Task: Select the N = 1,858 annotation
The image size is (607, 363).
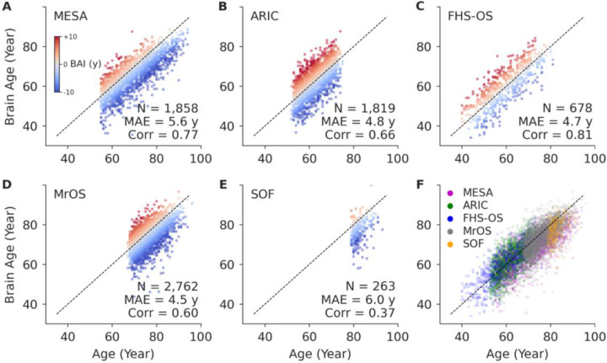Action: click(x=164, y=108)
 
